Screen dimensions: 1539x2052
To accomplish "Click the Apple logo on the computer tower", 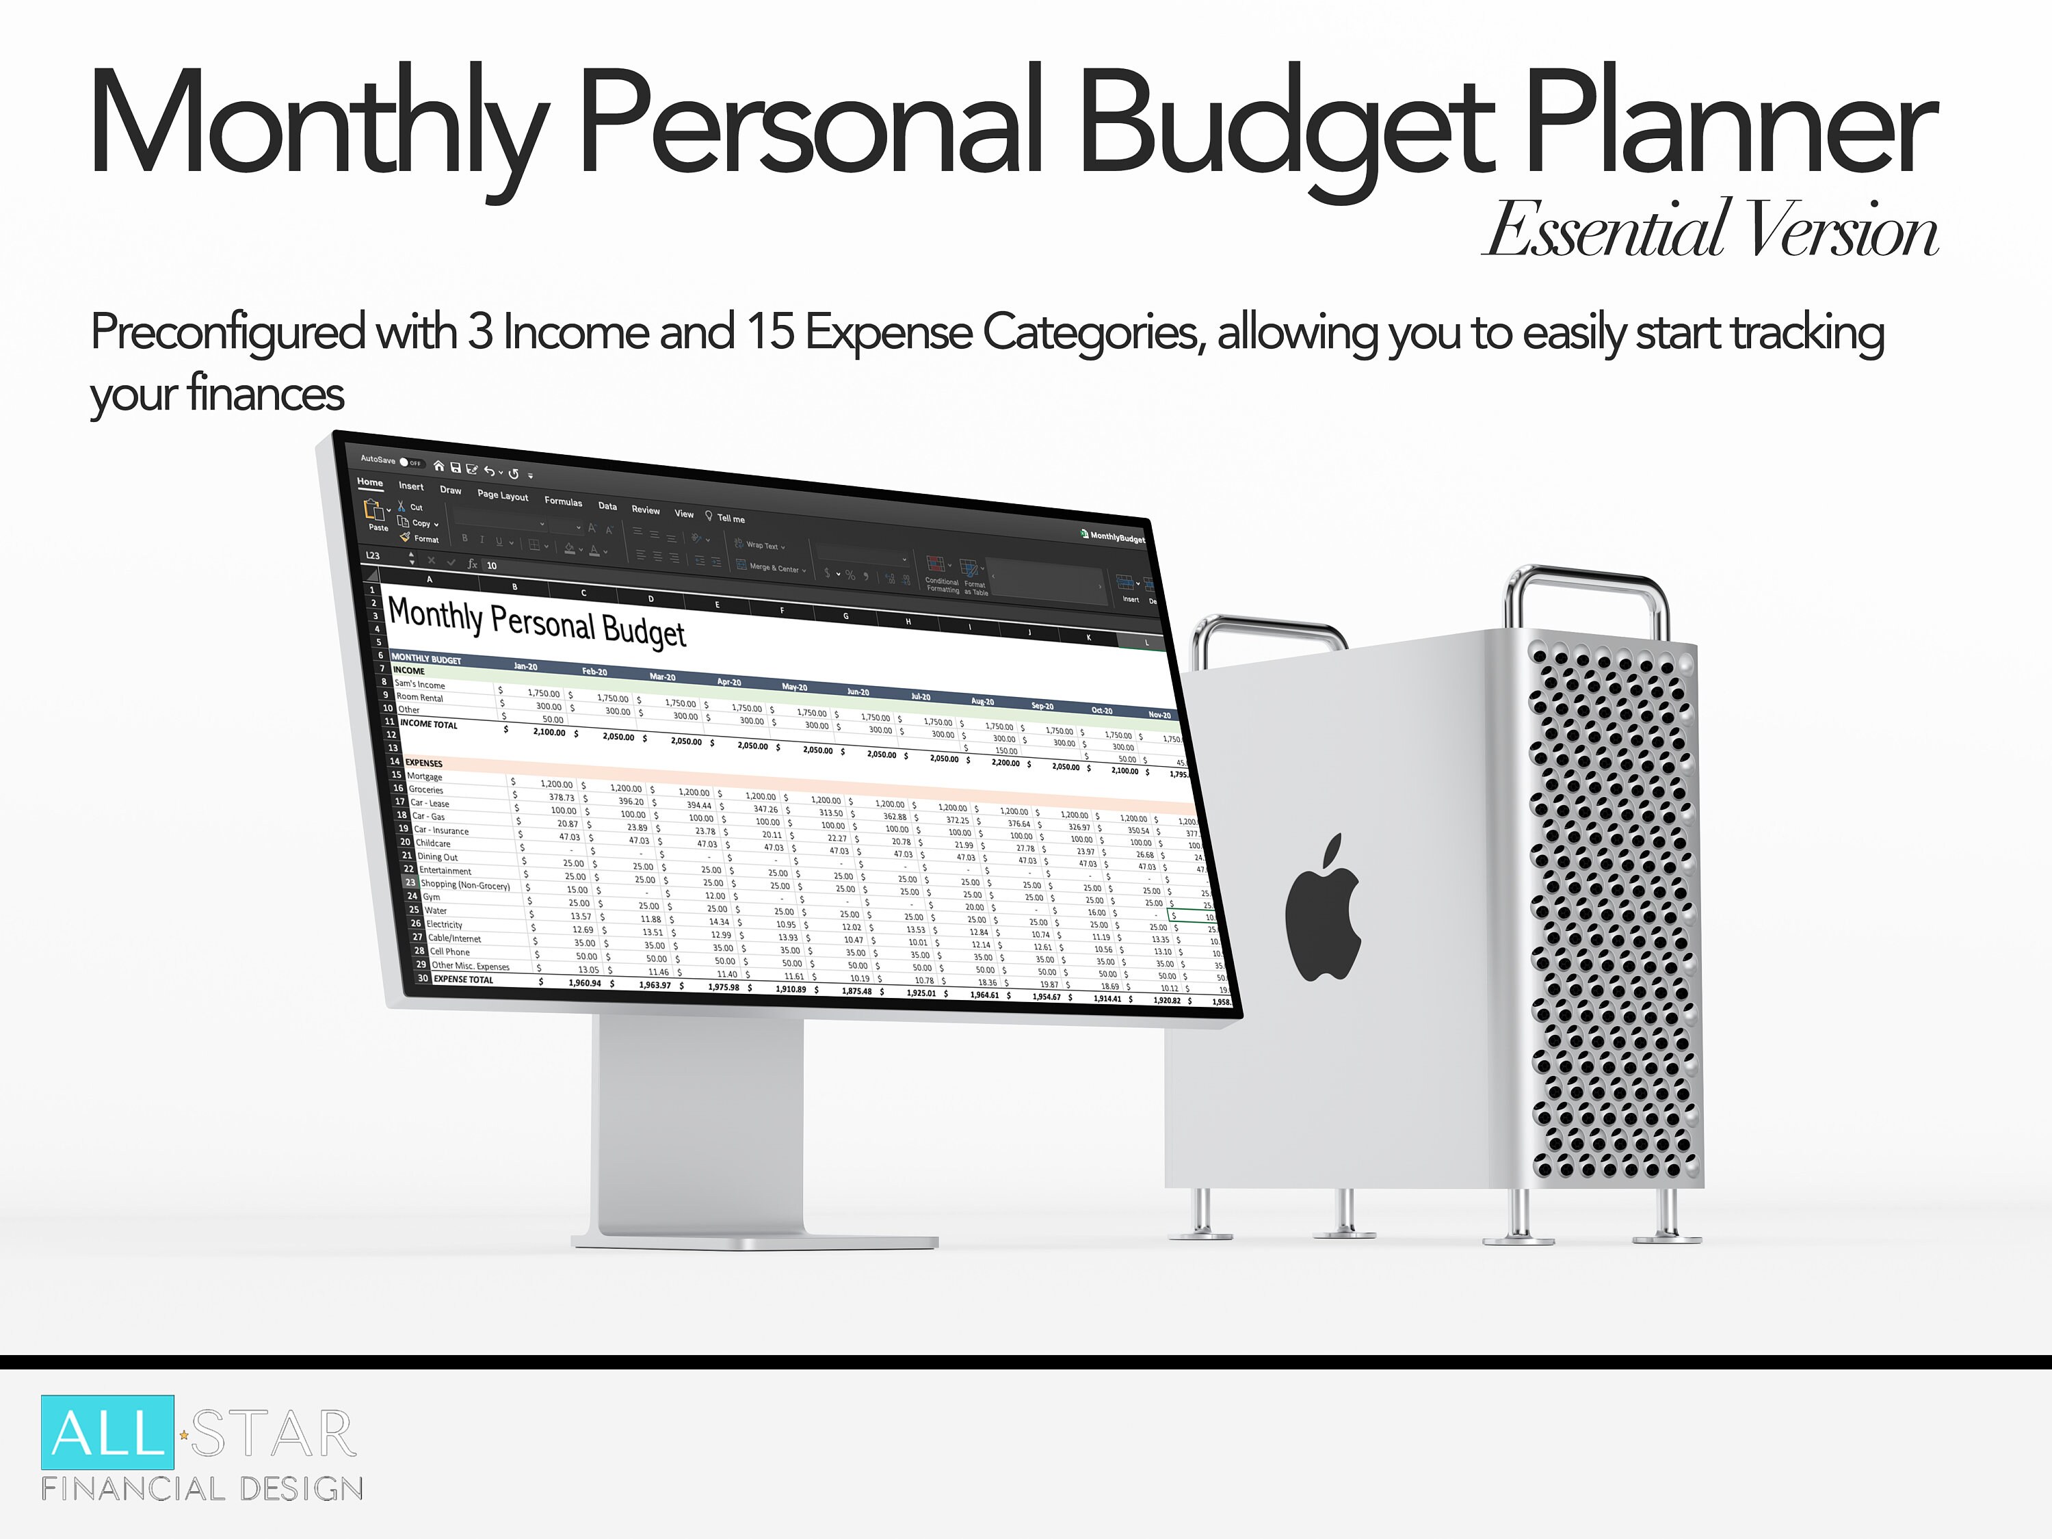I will (x=1323, y=908).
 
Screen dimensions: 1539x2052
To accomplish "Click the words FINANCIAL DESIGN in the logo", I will (x=202, y=1490).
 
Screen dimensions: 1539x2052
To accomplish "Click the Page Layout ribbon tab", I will (x=503, y=495).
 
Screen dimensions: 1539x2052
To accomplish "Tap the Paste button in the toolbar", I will (x=377, y=516).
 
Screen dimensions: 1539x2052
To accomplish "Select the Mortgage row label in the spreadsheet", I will (x=425, y=776).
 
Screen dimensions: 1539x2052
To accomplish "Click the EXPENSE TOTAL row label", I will (x=463, y=979).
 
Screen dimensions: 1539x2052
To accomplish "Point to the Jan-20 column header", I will (x=525, y=666).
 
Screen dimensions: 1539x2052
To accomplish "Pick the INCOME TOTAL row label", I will (x=429, y=724).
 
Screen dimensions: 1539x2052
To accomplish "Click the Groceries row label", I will (x=426, y=789).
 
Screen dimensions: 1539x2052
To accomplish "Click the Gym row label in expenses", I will (x=432, y=897).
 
